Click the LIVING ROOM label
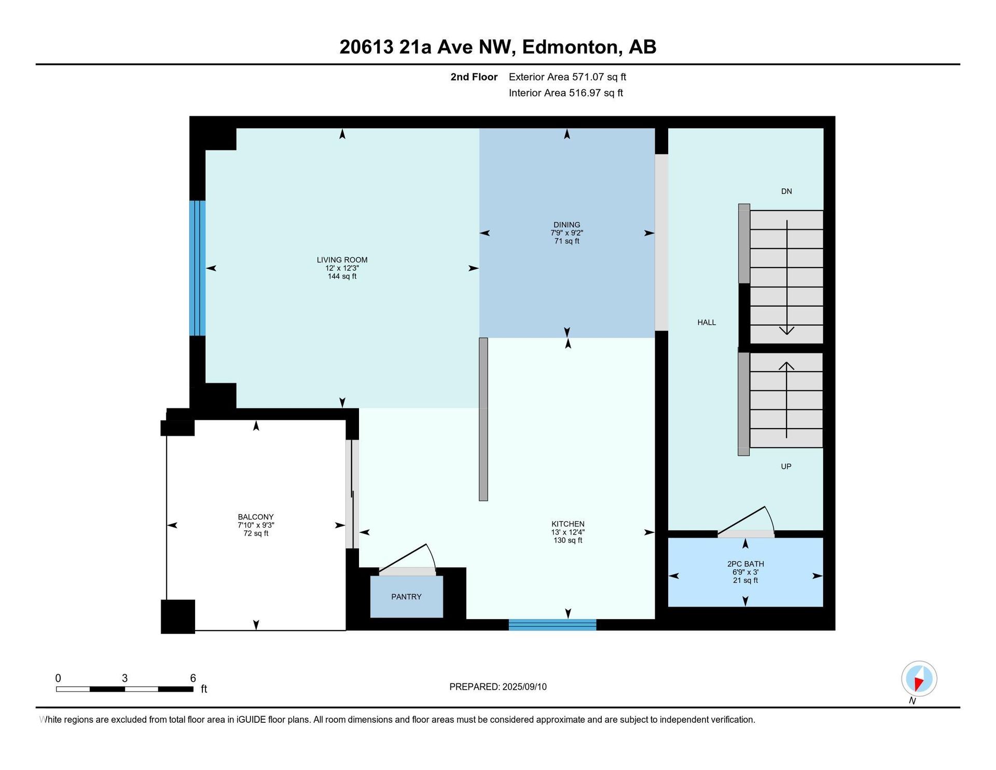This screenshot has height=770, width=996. pos(342,260)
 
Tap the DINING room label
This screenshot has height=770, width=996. pos(566,225)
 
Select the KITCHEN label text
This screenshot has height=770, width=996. pos(568,524)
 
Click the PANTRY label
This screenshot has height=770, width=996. pos(406,597)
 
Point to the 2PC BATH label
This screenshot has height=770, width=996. pos(745,564)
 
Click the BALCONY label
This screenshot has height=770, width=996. pos(256,517)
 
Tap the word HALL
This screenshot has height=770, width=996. pos(707,322)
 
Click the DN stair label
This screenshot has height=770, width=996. pos(786,191)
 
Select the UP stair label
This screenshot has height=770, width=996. pos(786,466)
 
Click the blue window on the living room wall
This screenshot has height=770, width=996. pos(198,268)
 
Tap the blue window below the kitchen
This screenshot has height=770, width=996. pos(552,625)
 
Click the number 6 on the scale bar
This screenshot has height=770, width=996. pos(193,678)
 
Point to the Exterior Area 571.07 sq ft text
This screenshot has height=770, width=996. pos(568,77)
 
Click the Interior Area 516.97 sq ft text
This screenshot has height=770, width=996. pos(566,93)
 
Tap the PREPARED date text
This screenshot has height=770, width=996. pos(498,687)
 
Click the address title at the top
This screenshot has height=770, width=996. pos(498,47)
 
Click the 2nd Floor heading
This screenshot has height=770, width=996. pos(474,77)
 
